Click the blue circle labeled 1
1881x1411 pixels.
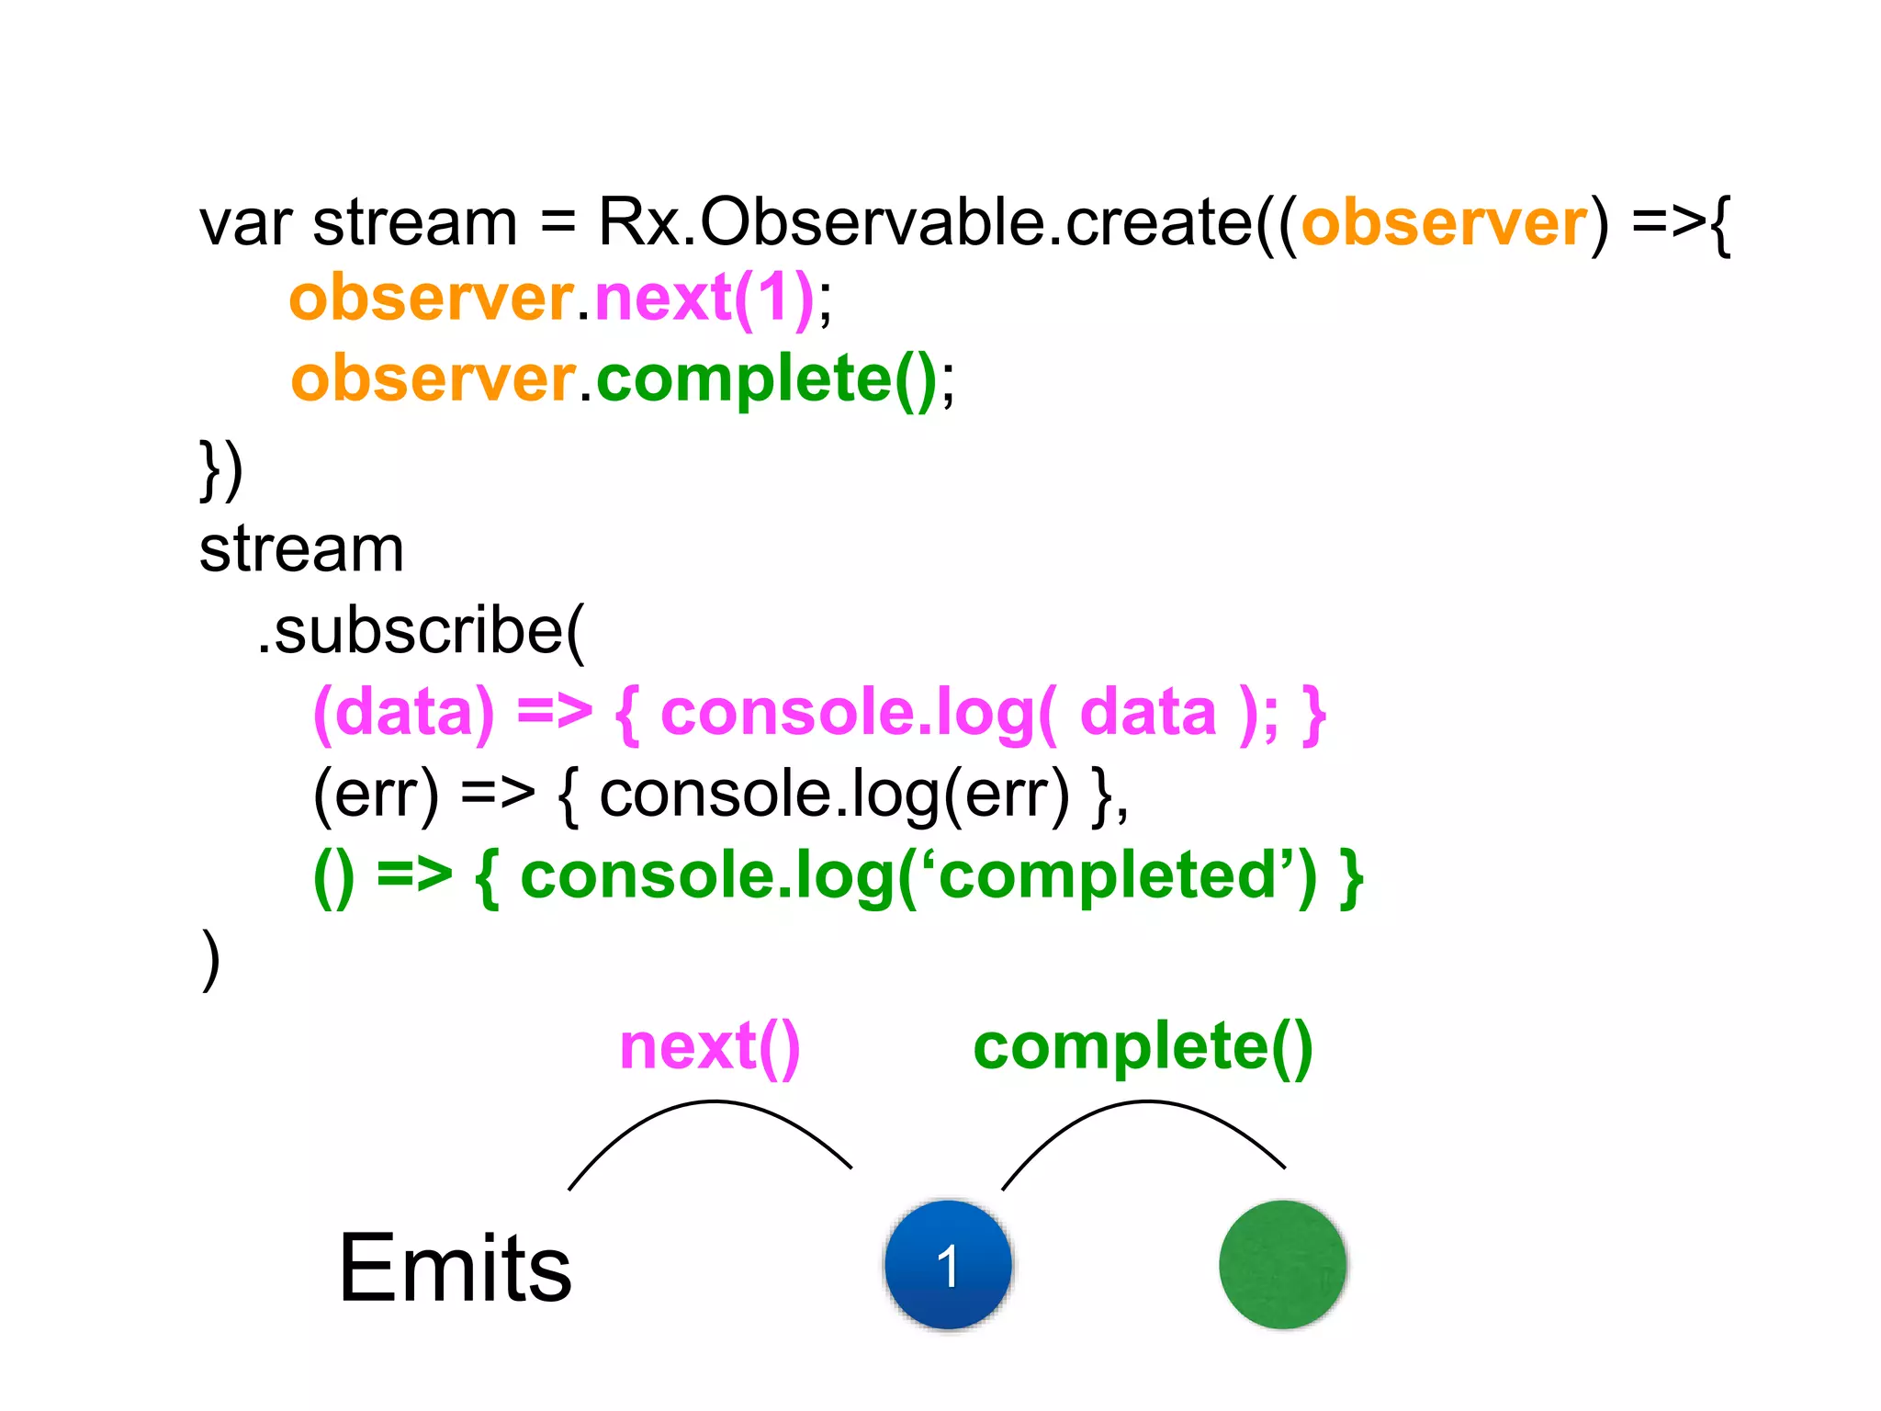click(948, 1264)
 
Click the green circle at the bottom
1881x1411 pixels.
click(1282, 1264)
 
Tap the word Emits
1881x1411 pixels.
click(455, 1269)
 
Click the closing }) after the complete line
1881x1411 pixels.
click(220, 469)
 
